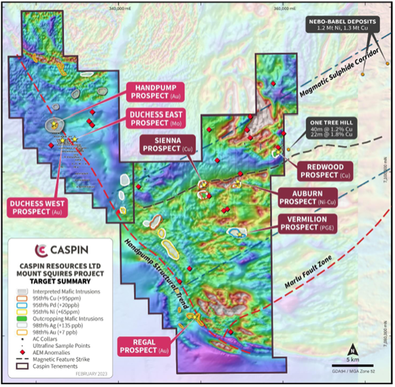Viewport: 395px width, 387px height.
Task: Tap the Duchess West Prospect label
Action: pyautogui.click(x=42, y=208)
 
